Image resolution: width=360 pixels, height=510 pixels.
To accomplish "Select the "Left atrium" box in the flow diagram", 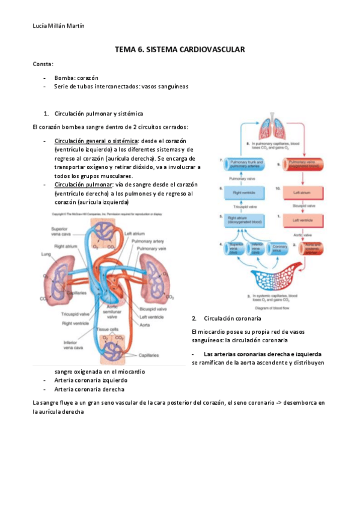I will pos(301,192).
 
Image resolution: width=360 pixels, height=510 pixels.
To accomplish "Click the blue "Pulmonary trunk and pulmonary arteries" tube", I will pos(241,162).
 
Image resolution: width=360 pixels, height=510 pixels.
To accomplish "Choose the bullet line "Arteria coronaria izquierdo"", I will pos(91,380).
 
